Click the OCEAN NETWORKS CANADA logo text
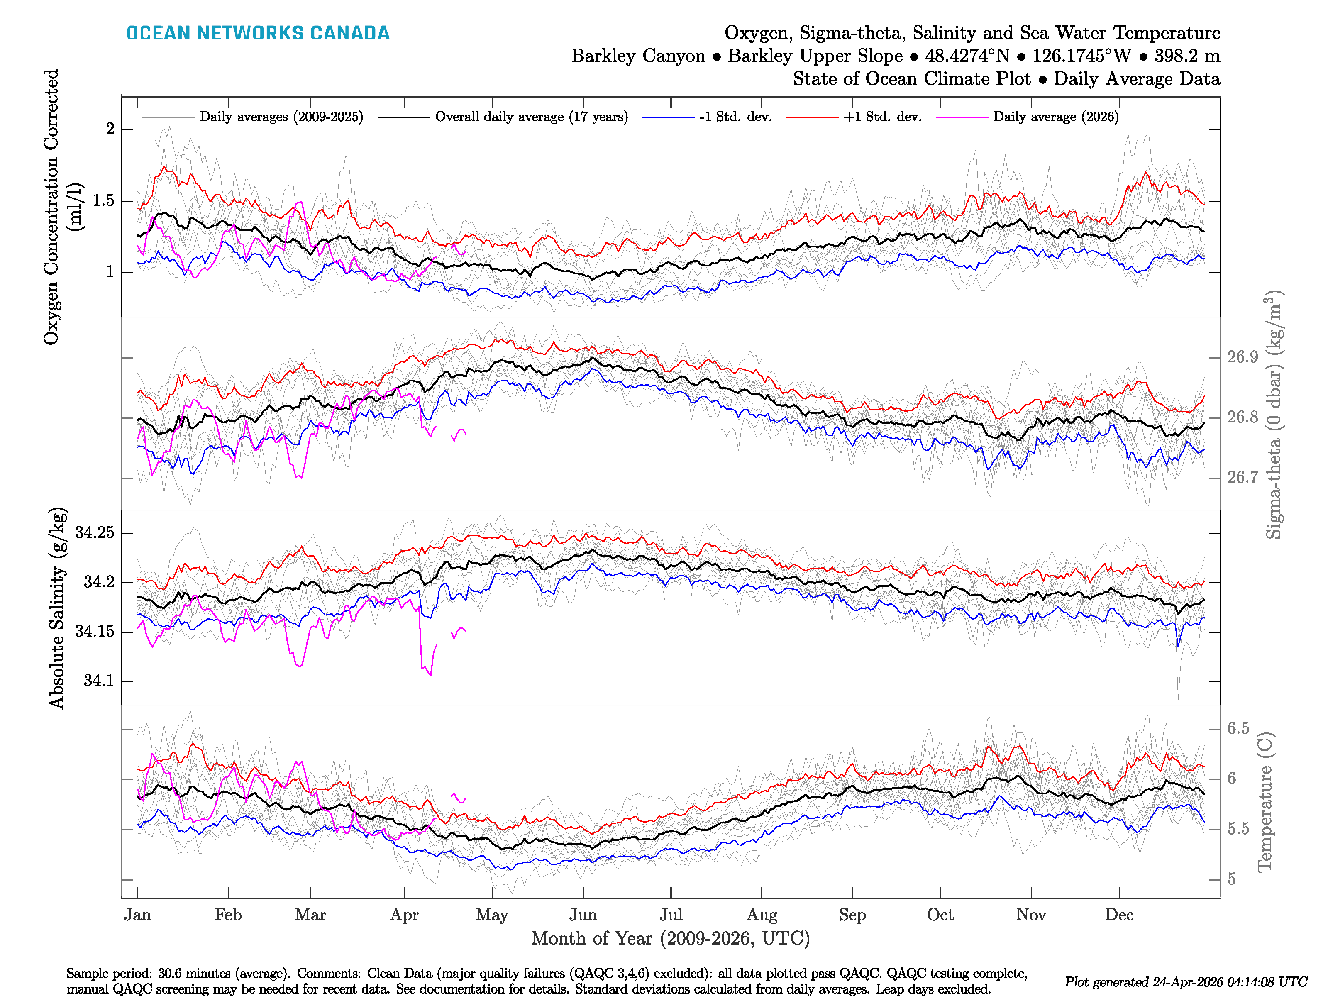[258, 33]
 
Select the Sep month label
[852, 915]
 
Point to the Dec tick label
[1119, 915]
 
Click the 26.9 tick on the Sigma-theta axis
[1242, 357]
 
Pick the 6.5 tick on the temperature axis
[1238, 728]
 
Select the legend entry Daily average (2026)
[1055, 117]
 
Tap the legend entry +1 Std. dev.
[882, 117]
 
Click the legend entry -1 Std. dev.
[735, 117]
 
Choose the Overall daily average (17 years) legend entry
[531, 117]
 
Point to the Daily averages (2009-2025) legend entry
[281, 117]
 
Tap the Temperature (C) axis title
[1265, 801]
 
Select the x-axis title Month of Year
[670, 938]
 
